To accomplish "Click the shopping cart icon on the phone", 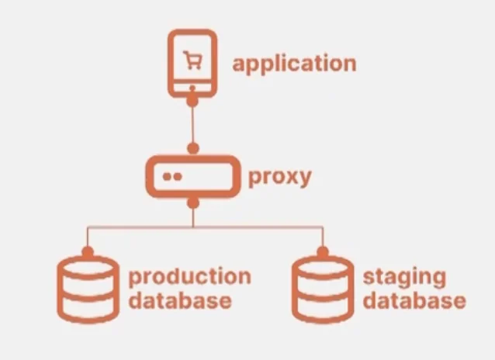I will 191,60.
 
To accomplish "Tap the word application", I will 294,63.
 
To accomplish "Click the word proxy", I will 279,176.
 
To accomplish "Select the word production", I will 189,277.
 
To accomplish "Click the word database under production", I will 179,300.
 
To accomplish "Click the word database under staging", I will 414,300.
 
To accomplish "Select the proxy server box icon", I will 191,177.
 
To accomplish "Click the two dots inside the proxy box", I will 172,177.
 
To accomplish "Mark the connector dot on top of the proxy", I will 192,147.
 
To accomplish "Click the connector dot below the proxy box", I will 192,204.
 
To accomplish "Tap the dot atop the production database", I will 88,252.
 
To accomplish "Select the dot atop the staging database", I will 321,252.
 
